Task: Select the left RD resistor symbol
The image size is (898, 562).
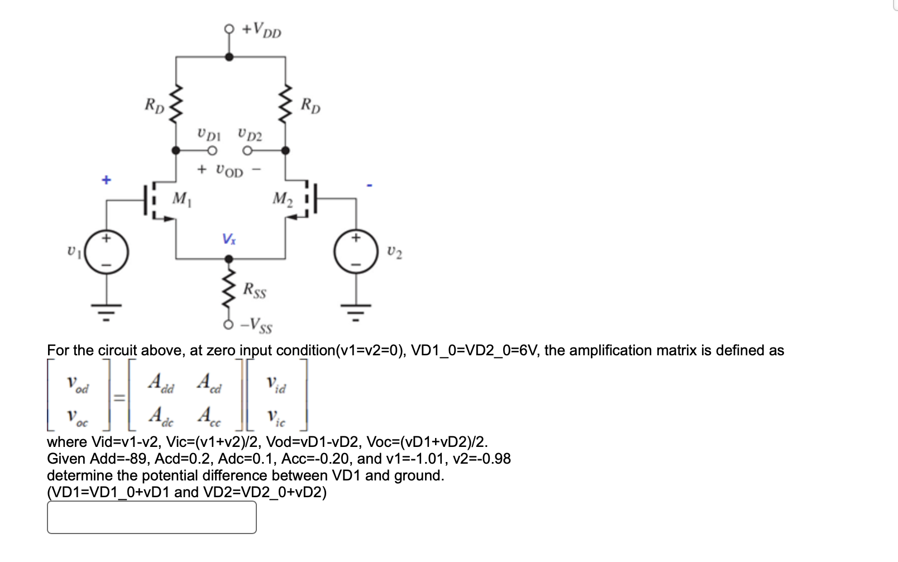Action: coord(176,104)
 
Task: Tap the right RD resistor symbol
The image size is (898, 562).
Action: coord(285,104)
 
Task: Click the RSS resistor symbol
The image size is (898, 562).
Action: coord(229,289)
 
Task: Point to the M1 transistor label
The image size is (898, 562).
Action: coord(181,199)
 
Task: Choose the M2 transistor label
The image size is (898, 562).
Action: coord(282,199)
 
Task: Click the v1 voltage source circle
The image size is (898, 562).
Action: coord(107,252)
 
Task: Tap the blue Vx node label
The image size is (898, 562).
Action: coord(229,239)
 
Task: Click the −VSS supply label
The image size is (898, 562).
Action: coord(256,325)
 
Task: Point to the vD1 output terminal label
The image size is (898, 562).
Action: coord(209,134)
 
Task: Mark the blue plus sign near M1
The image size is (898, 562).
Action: coord(106,180)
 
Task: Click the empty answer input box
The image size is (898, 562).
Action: coord(151,517)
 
